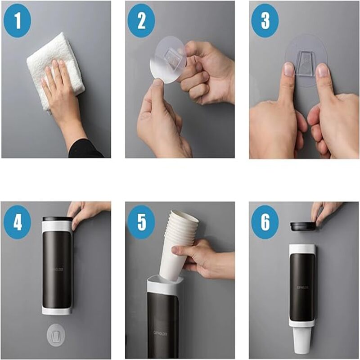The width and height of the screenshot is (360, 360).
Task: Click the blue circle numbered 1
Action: (17, 20)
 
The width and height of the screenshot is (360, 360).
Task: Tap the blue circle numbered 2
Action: (141, 20)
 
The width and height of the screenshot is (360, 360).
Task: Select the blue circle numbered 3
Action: (265, 20)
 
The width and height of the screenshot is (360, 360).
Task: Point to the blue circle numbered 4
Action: (17, 222)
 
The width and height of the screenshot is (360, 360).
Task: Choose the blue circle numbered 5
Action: (141, 222)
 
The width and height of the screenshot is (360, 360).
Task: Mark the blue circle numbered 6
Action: (265, 222)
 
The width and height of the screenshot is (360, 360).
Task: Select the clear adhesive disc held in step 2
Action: (166, 61)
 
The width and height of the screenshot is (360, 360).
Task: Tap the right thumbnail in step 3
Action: (322, 71)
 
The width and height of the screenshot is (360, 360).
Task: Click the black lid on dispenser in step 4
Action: (57, 219)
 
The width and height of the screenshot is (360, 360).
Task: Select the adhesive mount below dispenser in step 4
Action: (56, 335)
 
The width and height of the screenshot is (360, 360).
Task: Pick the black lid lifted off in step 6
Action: (302, 225)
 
